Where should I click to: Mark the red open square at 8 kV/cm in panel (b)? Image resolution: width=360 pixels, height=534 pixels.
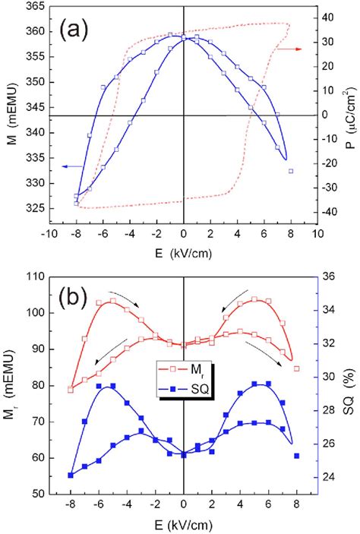click(296, 368)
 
